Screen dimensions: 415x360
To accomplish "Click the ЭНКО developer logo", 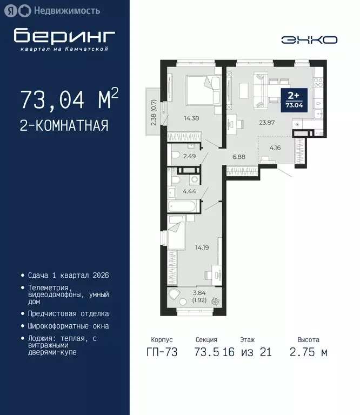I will point(309,39).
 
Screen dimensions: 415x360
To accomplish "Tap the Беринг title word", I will point(64,36).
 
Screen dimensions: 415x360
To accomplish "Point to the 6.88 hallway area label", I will point(239,157).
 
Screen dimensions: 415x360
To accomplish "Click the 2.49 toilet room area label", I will point(190,157).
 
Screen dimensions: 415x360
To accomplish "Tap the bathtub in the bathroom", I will point(183,206).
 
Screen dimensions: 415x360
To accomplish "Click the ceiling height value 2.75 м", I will point(309,352).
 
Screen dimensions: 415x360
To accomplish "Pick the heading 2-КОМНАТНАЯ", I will point(64,126).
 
